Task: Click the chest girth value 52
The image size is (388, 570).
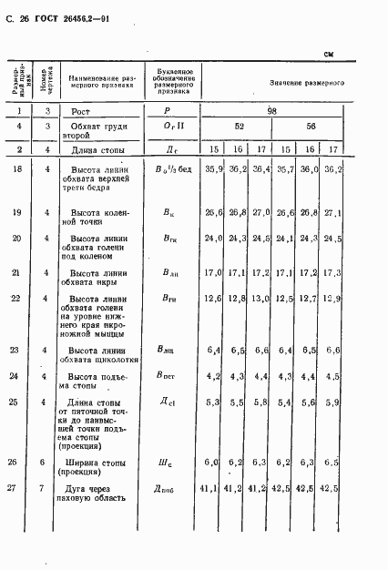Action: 239,127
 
